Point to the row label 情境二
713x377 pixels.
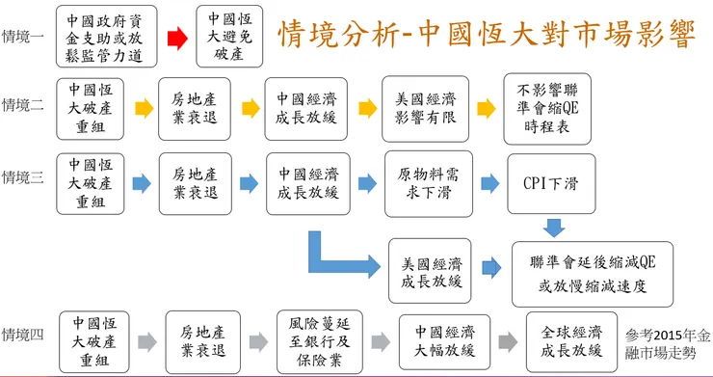[x=23, y=105]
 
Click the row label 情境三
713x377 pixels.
[x=23, y=177]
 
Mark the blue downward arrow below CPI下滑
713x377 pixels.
[x=553, y=228]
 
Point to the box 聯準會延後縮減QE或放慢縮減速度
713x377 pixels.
[x=592, y=273]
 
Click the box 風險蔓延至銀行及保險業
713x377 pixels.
[x=315, y=341]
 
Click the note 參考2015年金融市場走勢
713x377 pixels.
[x=669, y=343]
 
